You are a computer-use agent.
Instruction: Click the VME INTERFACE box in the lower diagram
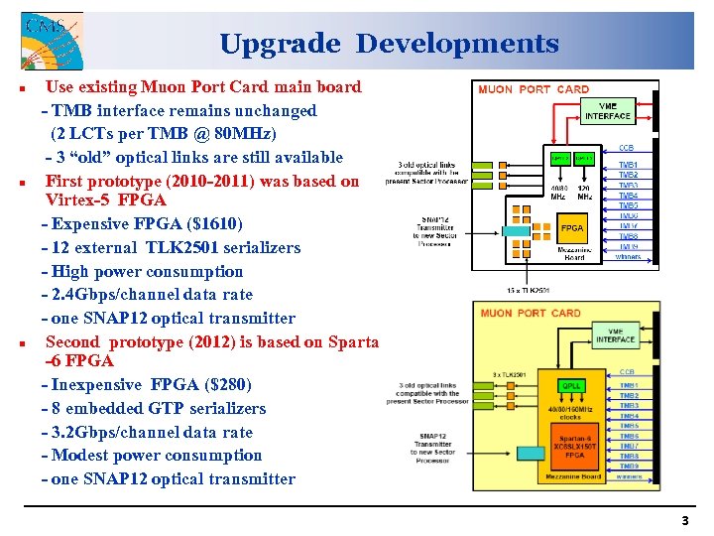coord(615,335)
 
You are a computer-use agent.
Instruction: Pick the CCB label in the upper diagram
coord(627,148)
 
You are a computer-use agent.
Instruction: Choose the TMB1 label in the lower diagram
coord(629,385)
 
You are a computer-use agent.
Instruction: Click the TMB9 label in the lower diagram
coord(629,466)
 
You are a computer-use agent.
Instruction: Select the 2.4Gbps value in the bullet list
coord(82,295)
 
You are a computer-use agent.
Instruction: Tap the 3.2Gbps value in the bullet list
coord(82,433)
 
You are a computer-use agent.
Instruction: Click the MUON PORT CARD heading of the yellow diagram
coord(531,314)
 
